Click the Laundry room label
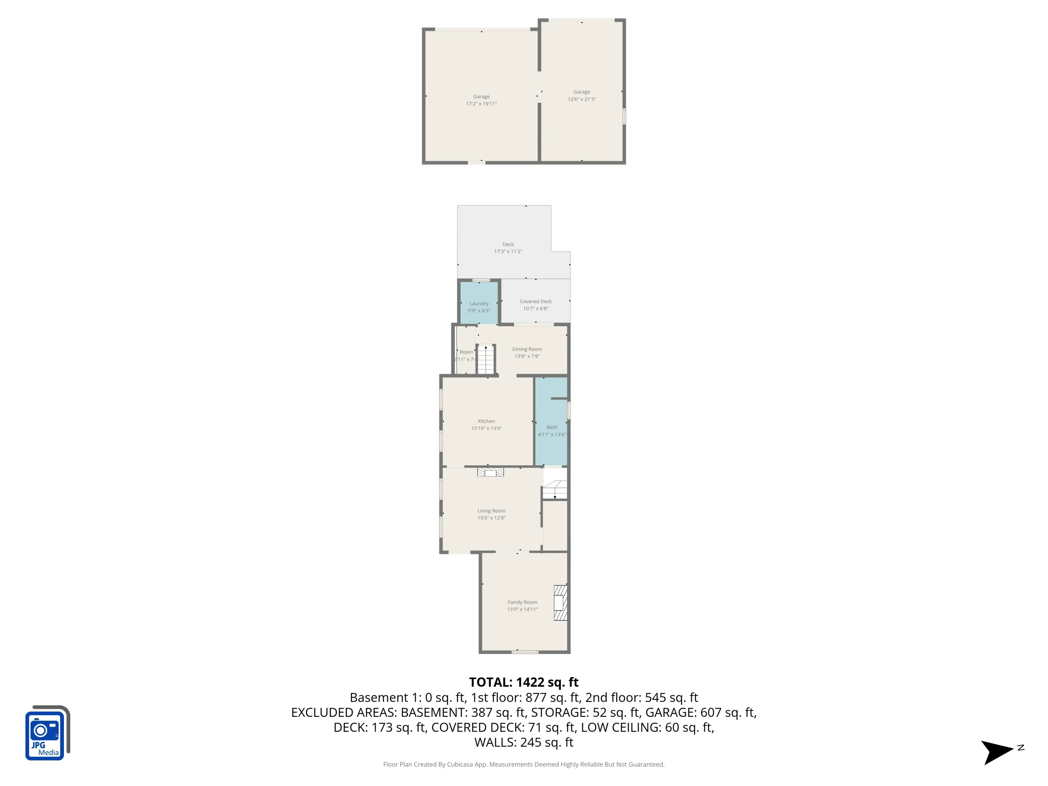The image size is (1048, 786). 479,304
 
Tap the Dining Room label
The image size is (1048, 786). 527,349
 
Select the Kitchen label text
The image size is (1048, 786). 486,421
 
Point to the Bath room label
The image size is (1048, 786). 552,427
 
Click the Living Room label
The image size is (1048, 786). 491,511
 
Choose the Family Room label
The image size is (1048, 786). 522,602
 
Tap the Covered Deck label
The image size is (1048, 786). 536,301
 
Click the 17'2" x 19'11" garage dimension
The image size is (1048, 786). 481,104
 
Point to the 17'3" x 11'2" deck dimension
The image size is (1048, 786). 508,252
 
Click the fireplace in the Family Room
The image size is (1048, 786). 560,603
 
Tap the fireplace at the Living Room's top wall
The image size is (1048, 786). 490,472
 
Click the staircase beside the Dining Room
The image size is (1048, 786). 486,359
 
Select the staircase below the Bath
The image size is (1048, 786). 555,490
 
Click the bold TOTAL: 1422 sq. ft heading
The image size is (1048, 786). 524,682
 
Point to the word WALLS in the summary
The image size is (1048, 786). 495,742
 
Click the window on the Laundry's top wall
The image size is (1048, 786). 481,281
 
